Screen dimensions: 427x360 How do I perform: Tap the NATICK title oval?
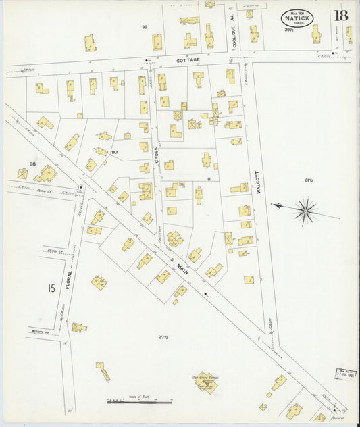[297, 17]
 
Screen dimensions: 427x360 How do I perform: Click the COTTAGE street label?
[188, 60]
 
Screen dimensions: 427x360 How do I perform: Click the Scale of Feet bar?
[138, 402]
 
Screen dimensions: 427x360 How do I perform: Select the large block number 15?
[51, 289]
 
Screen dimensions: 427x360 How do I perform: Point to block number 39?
[144, 27]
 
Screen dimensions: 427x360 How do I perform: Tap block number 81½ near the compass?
[309, 180]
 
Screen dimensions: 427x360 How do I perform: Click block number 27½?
[163, 337]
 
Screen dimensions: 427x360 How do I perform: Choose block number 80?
[114, 152]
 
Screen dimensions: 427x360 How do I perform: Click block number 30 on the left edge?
[32, 164]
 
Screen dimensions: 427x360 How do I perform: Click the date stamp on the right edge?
[346, 373]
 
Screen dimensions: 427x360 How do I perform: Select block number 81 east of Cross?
[210, 179]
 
